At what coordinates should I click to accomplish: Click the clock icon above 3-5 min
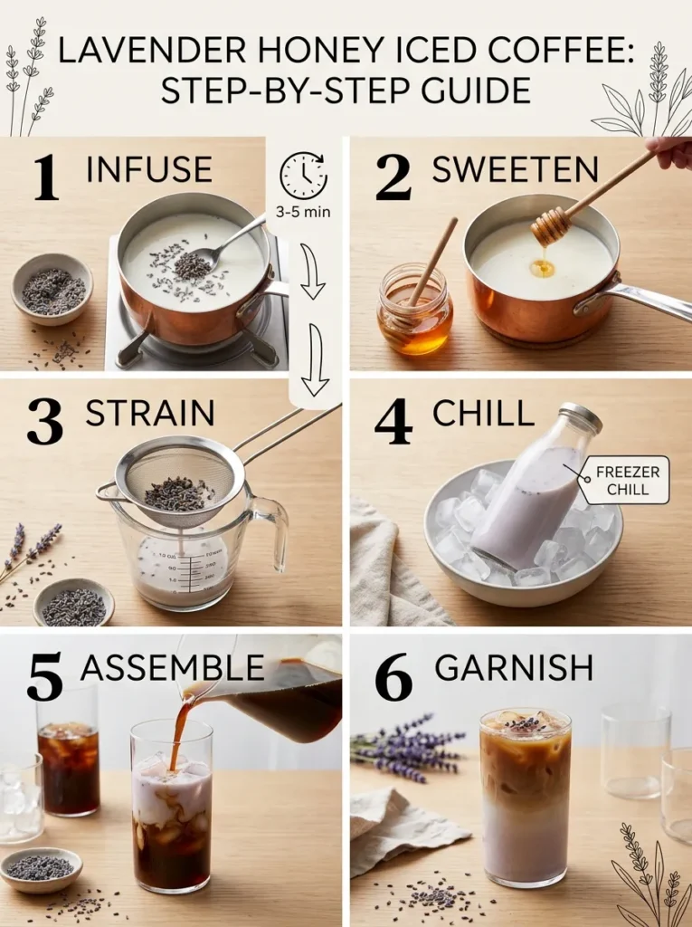click(303, 176)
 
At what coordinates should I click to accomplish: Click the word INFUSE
click(149, 170)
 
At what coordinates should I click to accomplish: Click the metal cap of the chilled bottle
click(581, 417)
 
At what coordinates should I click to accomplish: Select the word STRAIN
click(150, 413)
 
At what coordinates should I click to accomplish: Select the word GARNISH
click(514, 668)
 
